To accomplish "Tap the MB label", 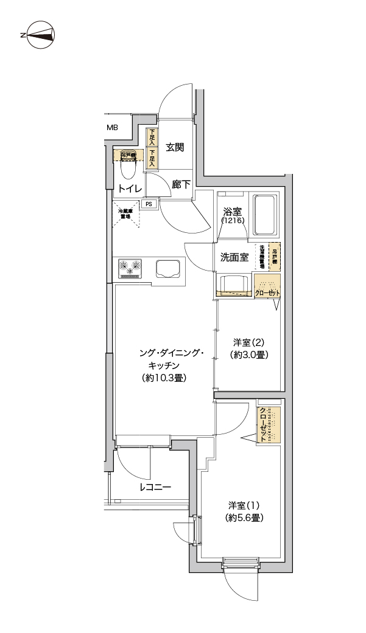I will click(113, 128).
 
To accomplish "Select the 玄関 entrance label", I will click(175, 147).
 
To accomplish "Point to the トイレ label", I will click(130, 189).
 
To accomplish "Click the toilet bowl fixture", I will click(128, 163).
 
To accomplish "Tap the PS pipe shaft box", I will click(148, 204).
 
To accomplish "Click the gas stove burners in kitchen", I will click(130, 266).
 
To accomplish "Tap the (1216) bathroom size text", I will click(233, 221).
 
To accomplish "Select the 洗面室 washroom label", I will click(234, 257).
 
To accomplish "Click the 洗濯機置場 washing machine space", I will click(262, 257).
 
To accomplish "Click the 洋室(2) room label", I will click(250, 342).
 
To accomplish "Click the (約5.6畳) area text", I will click(244, 518).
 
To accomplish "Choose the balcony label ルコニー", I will click(155, 487).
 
